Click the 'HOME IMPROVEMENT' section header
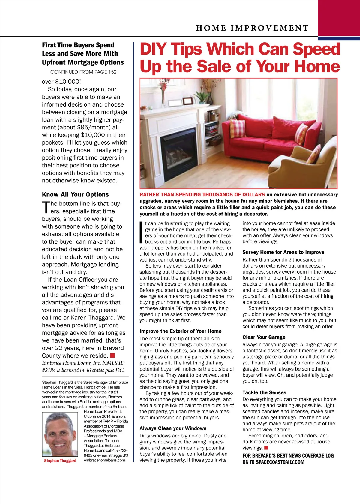(252, 28)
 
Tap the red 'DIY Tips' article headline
(240, 58)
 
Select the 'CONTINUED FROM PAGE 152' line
(83, 72)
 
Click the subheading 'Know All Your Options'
(75, 194)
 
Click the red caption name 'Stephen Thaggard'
(60, 460)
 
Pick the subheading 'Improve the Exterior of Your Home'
(180, 331)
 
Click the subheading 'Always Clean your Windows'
(173, 428)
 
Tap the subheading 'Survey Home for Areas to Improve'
(283, 252)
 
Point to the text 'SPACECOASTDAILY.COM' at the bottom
(280, 462)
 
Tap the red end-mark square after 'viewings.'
(266, 448)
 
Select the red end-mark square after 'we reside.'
(112, 355)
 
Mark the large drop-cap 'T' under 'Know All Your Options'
(46, 207)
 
